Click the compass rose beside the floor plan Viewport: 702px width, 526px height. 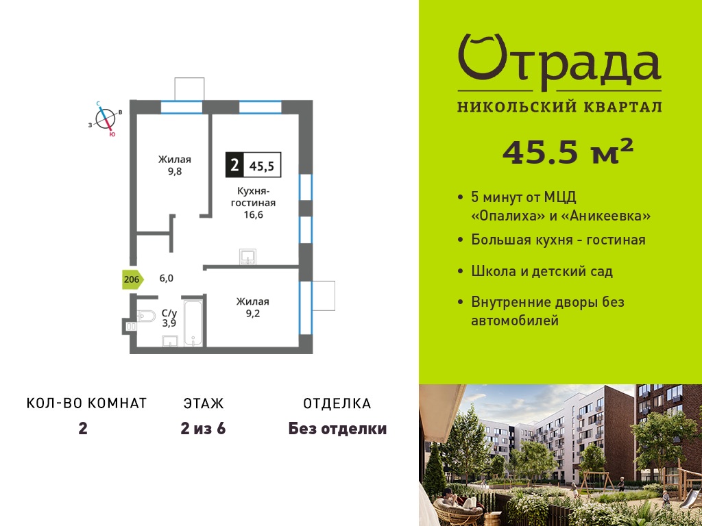tap(106, 118)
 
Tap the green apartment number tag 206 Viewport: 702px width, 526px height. tap(132, 280)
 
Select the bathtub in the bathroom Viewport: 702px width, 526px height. tap(194, 323)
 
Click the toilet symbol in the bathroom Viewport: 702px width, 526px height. tap(146, 316)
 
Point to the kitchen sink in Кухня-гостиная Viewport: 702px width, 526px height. tap(247, 257)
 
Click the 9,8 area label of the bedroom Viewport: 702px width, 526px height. tap(175, 171)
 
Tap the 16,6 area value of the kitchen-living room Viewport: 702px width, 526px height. tap(253, 214)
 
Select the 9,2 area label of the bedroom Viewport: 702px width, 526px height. tap(253, 314)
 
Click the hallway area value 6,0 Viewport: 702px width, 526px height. tap(166, 278)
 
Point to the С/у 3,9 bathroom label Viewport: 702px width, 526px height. tap(169, 318)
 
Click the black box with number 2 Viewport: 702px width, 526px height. tap(234, 164)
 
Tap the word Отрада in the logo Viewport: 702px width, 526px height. tap(559, 62)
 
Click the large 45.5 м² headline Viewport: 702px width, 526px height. tap(568, 151)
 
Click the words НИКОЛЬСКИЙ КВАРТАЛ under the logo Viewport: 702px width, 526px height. tap(559, 107)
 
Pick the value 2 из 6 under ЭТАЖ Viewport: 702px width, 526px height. tap(203, 429)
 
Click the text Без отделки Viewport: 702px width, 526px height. tap(337, 429)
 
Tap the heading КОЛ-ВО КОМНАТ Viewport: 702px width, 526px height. tap(87, 403)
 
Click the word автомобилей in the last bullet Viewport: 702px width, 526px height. tap(515, 321)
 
